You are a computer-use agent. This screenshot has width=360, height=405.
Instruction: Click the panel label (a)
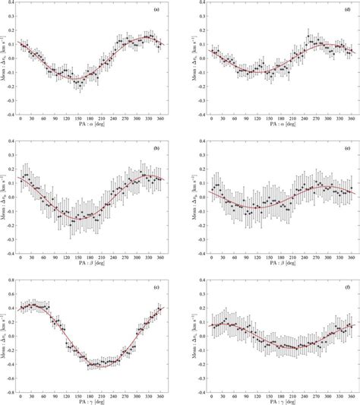click(x=156, y=10)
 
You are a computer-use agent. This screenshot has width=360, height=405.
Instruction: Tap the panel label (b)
click(x=156, y=147)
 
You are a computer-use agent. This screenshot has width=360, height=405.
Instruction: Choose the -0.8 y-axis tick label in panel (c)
click(x=11, y=391)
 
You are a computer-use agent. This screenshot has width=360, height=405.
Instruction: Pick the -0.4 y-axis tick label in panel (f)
click(x=201, y=391)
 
